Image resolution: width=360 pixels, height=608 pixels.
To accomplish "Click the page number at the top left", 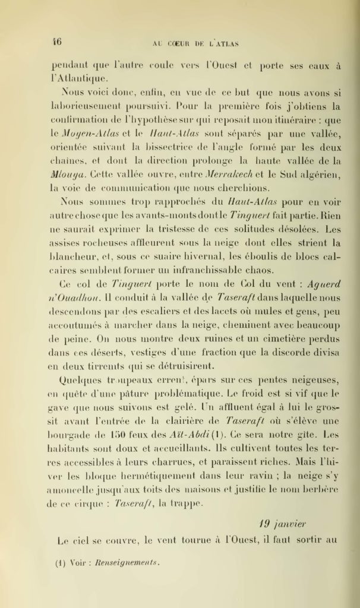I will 57,42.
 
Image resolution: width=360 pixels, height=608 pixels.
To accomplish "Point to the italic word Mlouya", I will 74,176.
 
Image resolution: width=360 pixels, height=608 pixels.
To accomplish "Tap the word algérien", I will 319,176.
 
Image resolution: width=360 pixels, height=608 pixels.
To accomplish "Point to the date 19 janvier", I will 283,524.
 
